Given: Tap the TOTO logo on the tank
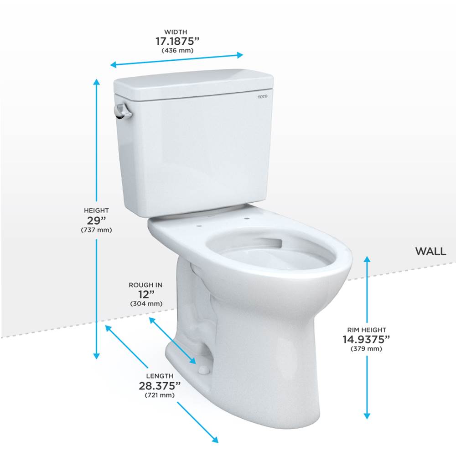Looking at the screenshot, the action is pyautogui.click(x=262, y=96).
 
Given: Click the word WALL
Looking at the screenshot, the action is pyautogui.click(x=430, y=251).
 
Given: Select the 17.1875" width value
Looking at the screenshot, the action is pyautogui.click(x=177, y=42).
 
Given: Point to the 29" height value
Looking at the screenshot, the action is pyautogui.click(x=96, y=221).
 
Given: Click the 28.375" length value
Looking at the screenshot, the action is pyautogui.click(x=160, y=386).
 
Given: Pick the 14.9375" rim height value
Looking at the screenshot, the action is pyautogui.click(x=366, y=339).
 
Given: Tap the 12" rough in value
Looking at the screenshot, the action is pyautogui.click(x=146, y=294).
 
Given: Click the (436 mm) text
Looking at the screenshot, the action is pyautogui.click(x=177, y=50).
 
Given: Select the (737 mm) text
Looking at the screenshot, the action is pyautogui.click(x=96, y=230).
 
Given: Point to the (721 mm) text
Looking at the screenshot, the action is pyautogui.click(x=160, y=395).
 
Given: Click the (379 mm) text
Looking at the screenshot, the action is pyautogui.click(x=366, y=349).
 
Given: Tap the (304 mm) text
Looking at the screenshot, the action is pyautogui.click(x=146, y=304).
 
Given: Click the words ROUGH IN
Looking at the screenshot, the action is pyautogui.click(x=145, y=285).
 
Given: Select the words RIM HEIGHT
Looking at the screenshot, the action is pyautogui.click(x=367, y=330).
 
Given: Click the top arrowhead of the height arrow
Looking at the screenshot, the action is pyautogui.click(x=96, y=82).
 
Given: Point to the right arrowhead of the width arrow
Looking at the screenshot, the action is pyautogui.click(x=240, y=55).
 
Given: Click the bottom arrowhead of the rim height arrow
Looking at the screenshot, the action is pyautogui.click(x=367, y=416).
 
